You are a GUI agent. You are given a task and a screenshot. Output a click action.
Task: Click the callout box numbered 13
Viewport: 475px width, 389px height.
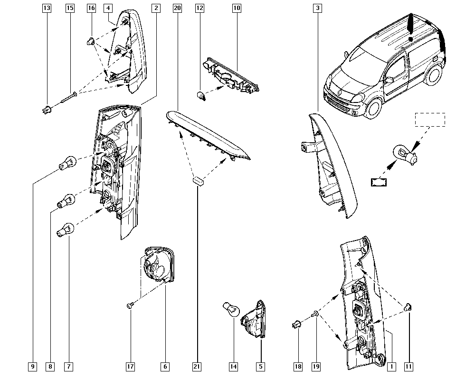(x=47, y=8)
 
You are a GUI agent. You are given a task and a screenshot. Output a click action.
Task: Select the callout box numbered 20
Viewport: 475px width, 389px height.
(x=177, y=8)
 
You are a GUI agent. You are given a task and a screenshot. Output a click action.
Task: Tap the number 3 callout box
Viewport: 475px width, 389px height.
(x=317, y=8)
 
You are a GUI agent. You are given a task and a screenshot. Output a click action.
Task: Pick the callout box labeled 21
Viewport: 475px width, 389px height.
(x=197, y=367)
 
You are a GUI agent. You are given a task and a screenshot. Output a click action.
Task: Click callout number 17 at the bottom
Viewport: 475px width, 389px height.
(x=130, y=367)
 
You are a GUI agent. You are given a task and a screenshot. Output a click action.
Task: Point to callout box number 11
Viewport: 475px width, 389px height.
(x=408, y=367)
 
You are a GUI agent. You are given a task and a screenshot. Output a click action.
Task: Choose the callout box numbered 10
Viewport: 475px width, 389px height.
(x=237, y=8)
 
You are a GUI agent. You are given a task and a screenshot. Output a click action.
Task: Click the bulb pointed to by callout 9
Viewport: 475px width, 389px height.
(x=67, y=163)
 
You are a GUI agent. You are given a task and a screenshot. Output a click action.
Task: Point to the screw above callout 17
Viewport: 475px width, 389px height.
(x=130, y=306)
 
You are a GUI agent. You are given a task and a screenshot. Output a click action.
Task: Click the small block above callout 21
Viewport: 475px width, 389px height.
(x=198, y=181)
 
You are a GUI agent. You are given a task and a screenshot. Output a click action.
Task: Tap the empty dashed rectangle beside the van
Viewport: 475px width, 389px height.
(x=430, y=120)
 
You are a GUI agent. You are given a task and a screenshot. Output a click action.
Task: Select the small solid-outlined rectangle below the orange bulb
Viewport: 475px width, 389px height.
(x=379, y=182)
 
